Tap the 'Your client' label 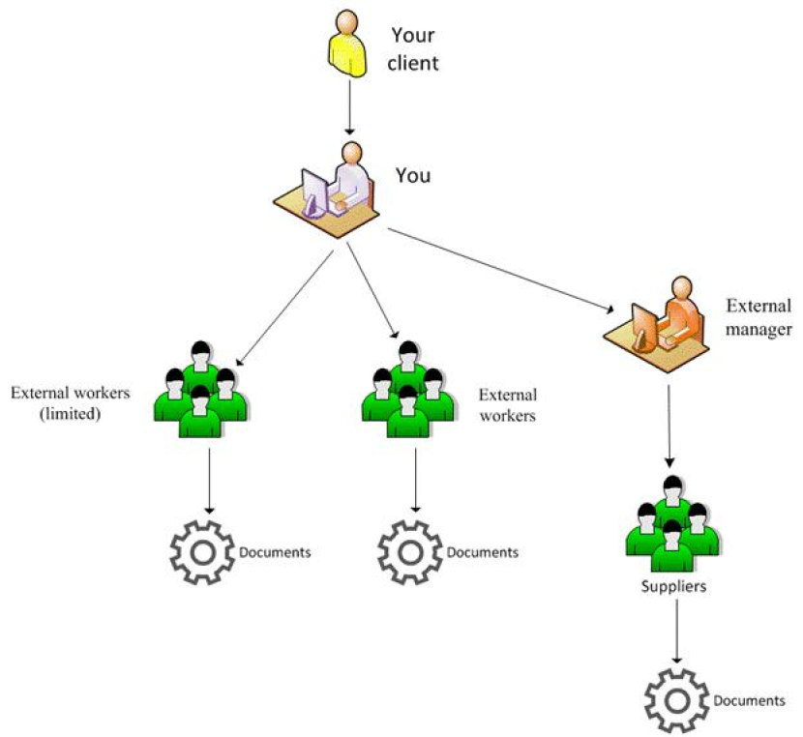coord(415,49)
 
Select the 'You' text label coord(413,176)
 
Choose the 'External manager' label coord(759,317)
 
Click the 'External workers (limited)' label coord(69,404)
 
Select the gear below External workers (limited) coord(202,552)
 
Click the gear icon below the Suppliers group coord(675,699)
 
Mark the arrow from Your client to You coord(347,112)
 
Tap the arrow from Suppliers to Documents coord(674,633)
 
